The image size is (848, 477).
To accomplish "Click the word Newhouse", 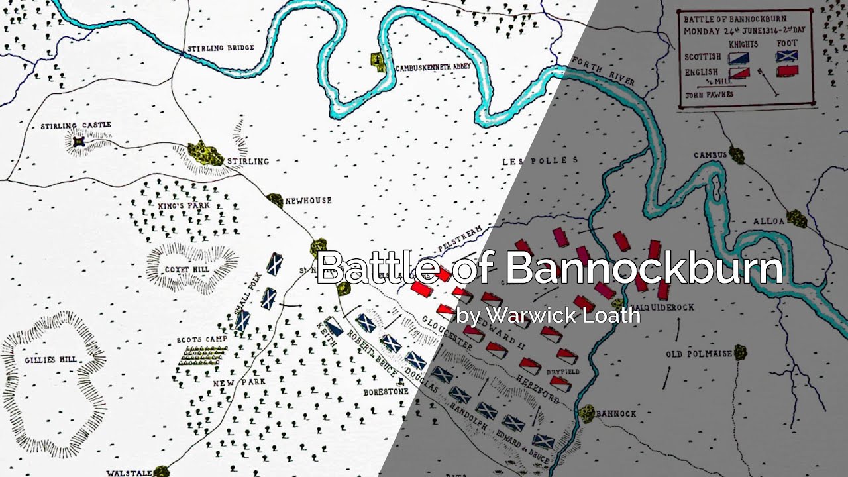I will [x=308, y=201].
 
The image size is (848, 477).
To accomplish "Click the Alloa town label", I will [x=768, y=221].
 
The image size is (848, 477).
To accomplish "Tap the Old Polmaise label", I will [x=699, y=354].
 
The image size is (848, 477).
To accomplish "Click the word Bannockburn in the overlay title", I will [x=643, y=268].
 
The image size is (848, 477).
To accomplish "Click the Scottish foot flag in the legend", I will [x=787, y=57].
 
